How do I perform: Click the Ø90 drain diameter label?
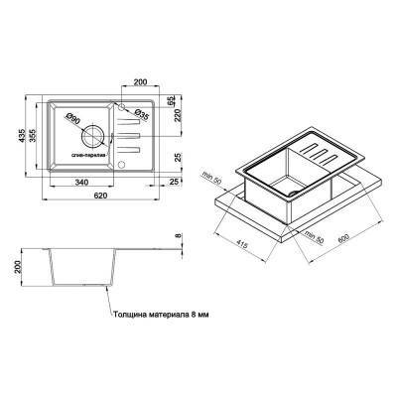click(74, 120)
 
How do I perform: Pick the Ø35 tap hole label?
click(141, 116)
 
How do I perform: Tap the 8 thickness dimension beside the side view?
click(178, 235)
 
